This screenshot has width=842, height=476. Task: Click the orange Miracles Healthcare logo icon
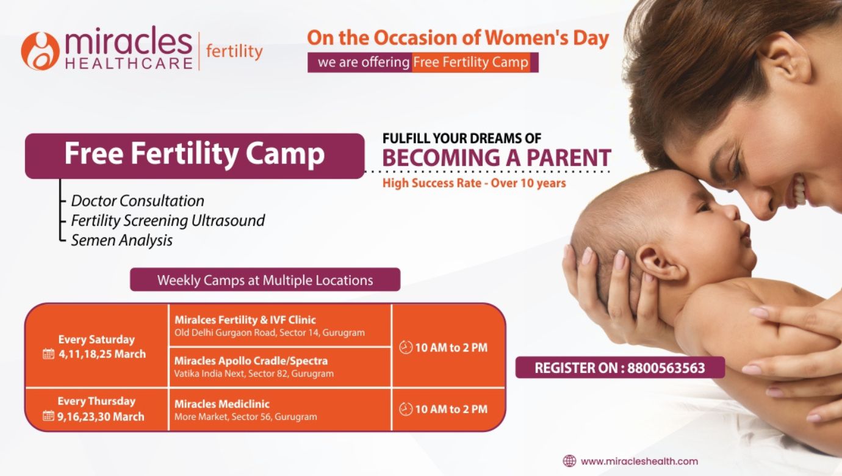40,51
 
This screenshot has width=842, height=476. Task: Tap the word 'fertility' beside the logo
234,52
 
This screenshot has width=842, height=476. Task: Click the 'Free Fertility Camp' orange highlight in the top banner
471,62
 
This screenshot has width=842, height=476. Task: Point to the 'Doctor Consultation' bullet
137,201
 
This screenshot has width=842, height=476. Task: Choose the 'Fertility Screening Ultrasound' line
168,221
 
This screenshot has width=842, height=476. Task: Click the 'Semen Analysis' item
122,240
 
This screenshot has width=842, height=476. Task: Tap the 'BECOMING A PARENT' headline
497,157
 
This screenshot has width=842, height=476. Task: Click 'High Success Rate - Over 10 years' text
474,183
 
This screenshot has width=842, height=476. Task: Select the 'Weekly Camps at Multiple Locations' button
265,279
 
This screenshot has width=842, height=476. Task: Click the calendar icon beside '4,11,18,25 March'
48,354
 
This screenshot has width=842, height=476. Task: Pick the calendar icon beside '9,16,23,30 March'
48,416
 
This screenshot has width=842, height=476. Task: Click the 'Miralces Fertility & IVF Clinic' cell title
245,320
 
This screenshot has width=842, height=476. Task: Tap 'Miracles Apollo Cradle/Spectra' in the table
251,361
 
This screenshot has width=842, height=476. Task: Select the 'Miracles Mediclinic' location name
221,404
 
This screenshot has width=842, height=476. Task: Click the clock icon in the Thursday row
406,409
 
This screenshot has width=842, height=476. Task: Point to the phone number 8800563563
666,368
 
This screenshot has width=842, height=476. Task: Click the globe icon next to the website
569,461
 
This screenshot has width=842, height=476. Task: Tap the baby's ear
660,263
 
